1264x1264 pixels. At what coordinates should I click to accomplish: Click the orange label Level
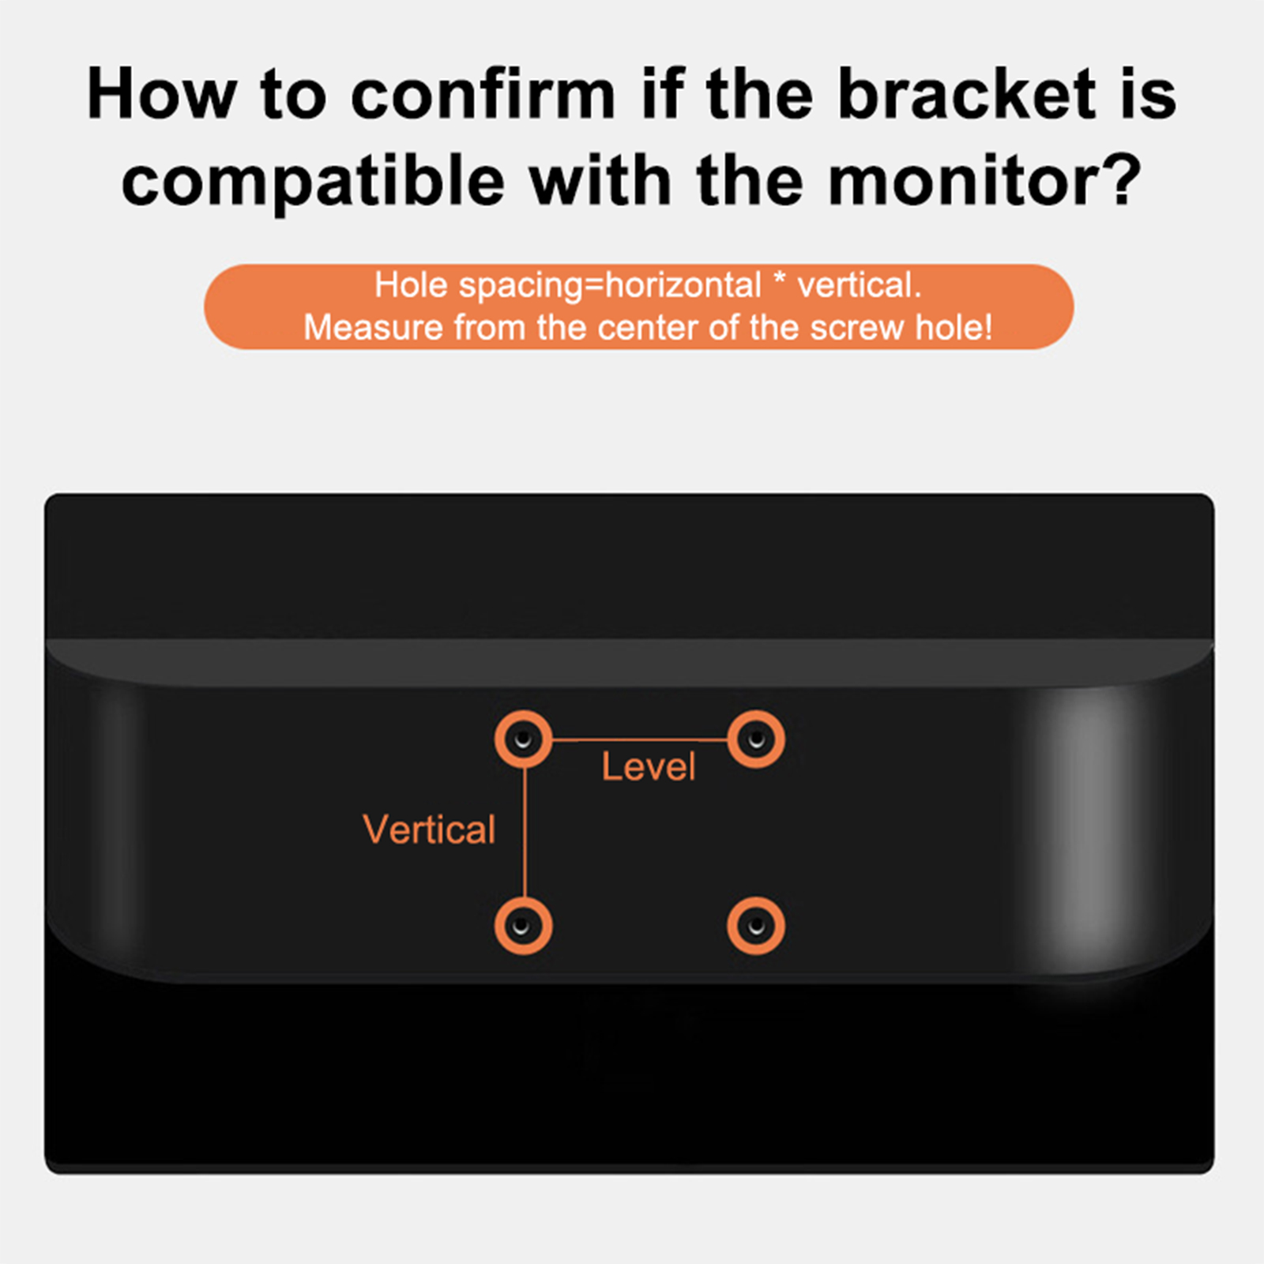tap(649, 767)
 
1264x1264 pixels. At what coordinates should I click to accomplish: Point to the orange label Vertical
tap(429, 829)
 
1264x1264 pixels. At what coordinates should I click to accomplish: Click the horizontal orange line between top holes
tap(640, 740)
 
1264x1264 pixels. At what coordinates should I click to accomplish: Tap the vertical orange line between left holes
tap(525, 833)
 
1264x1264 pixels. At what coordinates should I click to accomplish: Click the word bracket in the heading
tap(965, 95)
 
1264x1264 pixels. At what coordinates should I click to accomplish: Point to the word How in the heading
tap(161, 95)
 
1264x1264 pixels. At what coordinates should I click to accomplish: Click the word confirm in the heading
tap(483, 95)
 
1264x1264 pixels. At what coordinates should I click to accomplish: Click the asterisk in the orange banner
tap(780, 280)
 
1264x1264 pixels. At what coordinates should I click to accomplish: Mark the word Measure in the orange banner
tap(373, 328)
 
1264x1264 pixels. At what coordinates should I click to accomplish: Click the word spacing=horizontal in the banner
tap(610, 286)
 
